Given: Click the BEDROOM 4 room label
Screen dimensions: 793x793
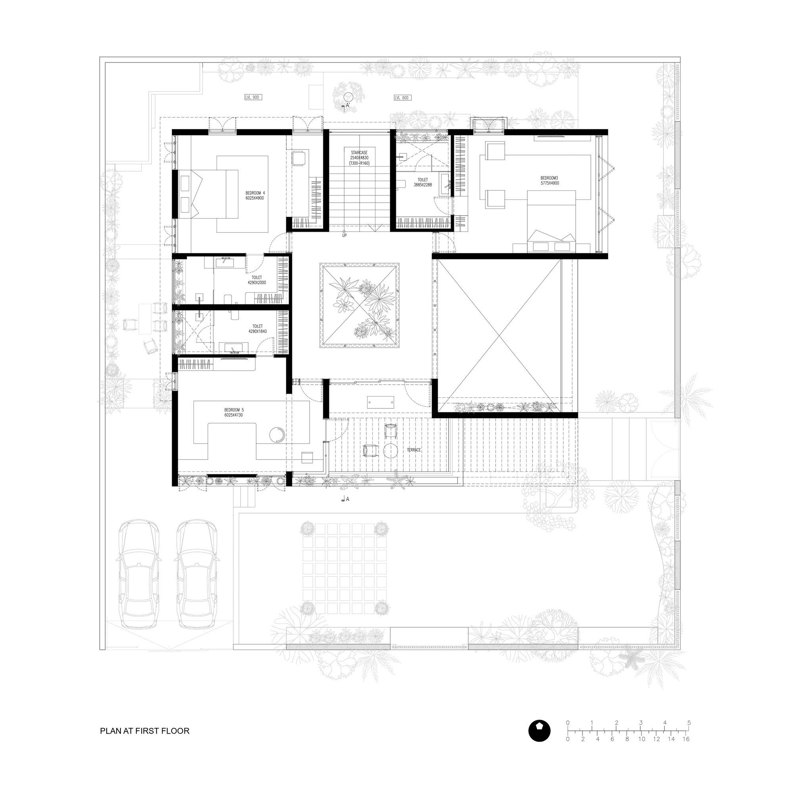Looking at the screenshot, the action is tap(255, 195).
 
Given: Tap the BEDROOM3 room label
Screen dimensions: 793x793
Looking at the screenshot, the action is tap(550, 180).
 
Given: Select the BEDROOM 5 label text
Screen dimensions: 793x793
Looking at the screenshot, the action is tap(234, 412).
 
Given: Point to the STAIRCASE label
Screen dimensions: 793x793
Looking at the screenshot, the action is tap(359, 158).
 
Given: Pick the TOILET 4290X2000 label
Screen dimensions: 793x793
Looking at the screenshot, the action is tap(257, 280).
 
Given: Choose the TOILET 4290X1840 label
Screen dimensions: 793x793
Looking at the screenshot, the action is tap(257, 329).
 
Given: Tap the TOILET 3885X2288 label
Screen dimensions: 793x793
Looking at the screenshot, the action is tap(422, 182).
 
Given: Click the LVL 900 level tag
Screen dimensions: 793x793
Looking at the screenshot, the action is tap(252, 97).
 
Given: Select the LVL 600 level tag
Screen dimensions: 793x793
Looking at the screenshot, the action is tap(402, 98).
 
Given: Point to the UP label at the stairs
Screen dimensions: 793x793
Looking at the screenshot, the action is tap(345, 235).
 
